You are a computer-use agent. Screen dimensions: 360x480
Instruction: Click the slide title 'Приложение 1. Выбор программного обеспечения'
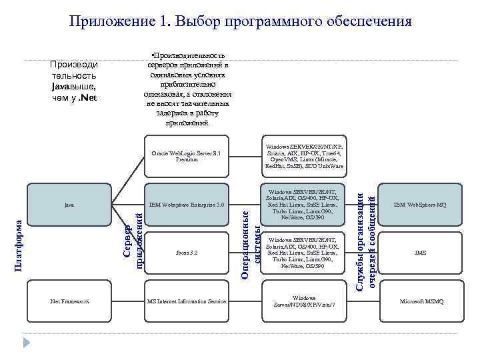point(240,21)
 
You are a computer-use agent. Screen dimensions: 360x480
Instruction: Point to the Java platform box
point(69,205)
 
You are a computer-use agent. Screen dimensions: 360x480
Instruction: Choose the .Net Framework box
point(69,302)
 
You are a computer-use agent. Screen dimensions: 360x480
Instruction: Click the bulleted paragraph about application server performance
point(187,89)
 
